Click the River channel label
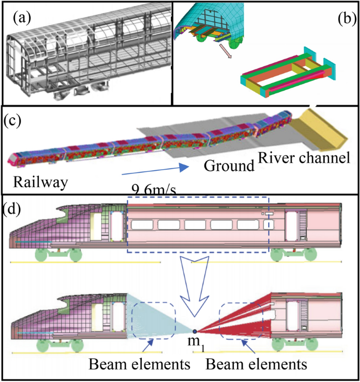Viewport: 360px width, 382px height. point(304,157)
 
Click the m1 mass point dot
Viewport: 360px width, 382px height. point(194,332)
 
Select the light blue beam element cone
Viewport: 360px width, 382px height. point(152,315)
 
